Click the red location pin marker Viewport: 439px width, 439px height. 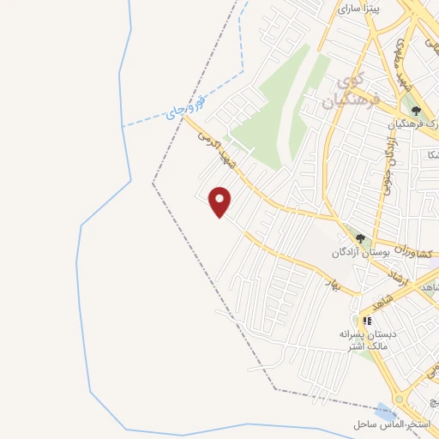[x=221, y=201]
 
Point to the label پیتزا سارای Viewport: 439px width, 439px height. [x=357, y=9]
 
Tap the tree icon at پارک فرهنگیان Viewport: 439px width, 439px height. [x=417, y=109]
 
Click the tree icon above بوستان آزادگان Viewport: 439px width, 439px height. [x=361, y=238]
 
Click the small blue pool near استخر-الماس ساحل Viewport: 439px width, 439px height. [x=379, y=410]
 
